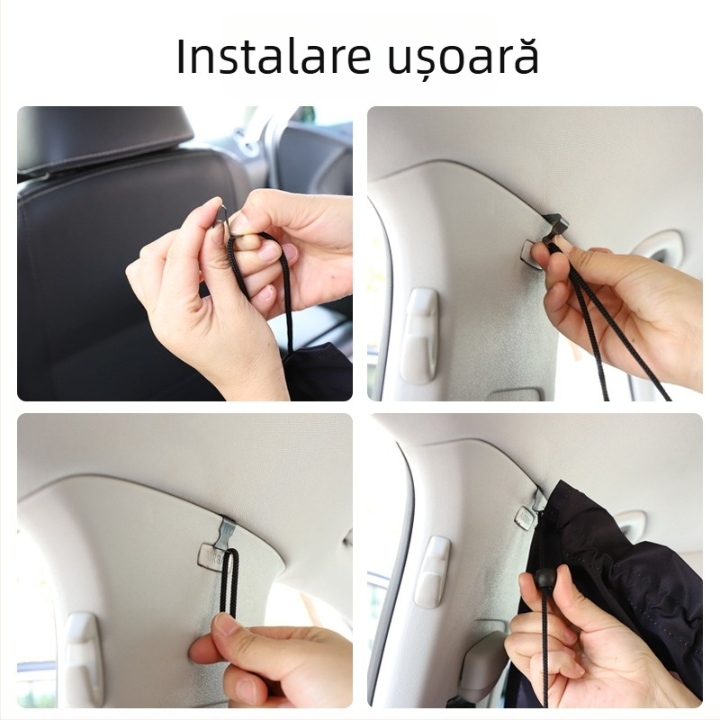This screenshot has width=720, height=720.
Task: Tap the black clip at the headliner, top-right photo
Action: tap(553, 226)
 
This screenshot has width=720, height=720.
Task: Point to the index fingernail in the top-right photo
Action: tap(540, 258)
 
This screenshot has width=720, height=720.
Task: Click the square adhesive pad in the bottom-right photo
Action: tap(526, 516)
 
